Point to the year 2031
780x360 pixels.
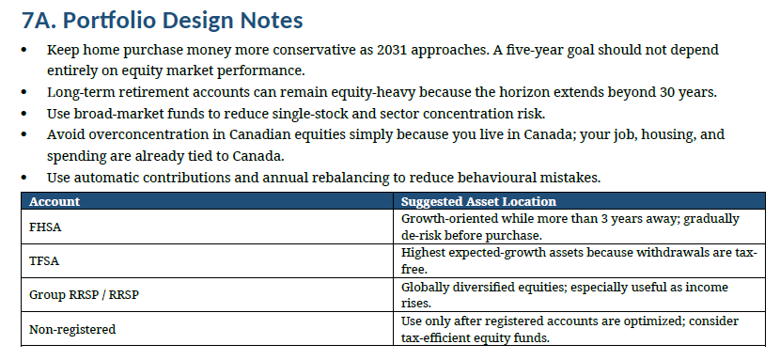[x=393, y=50]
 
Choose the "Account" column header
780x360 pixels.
[x=55, y=201]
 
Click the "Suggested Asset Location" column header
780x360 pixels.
[x=478, y=201]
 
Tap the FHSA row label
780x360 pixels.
[x=45, y=227]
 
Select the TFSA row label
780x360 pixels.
[x=44, y=261]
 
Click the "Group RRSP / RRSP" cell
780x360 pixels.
[x=84, y=295]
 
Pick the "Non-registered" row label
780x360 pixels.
[x=72, y=329]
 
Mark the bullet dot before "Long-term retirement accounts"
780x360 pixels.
[x=24, y=92]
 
